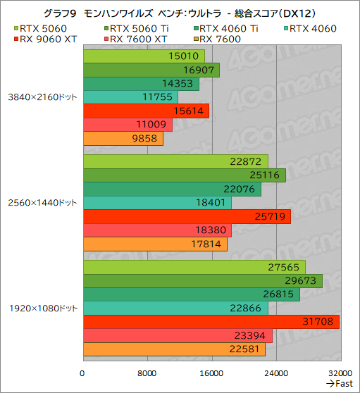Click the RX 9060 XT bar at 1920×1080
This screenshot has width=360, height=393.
pyautogui.click(x=211, y=322)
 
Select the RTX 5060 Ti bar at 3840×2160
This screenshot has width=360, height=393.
pyautogui.click(x=151, y=70)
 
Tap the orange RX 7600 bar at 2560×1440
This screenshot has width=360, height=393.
pyautogui.click(x=155, y=244)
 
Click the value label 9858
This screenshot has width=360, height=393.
pyautogui.click(x=146, y=139)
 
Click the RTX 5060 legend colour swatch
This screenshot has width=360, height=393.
pyautogui.click(x=16, y=29)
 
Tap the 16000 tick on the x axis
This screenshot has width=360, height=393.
pyautogui.click(x=211, y=373)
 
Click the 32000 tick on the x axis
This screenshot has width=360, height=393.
pyautogui.click(x=340, y=373)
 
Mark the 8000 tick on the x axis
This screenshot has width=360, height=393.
pyautogui.click(x=147, y=373)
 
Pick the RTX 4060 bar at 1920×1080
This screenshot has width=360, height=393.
pyautogui.click(x=175, y=308)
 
